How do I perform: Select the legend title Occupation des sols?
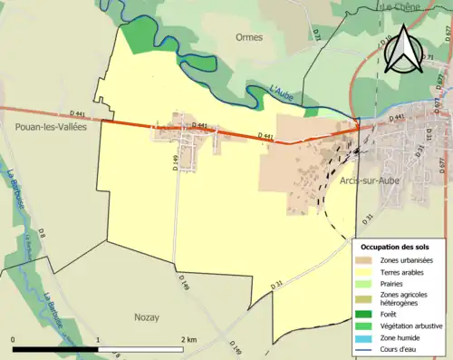tap(396, 247)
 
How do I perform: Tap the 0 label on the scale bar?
tap(13, 339)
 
